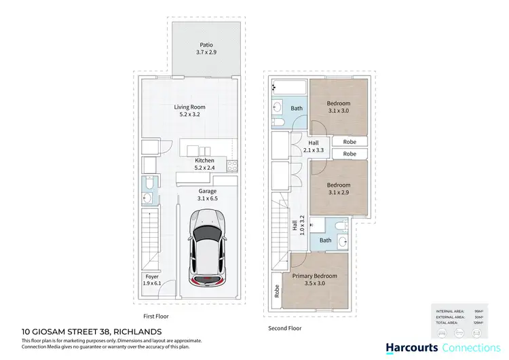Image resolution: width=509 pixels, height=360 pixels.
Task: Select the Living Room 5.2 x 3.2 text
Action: click(189, 111)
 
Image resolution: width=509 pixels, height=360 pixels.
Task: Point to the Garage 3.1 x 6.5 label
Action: click(208, 195)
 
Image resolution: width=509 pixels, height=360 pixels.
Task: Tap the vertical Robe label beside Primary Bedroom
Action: click(276, 291)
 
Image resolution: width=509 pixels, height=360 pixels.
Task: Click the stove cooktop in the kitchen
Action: click(233, 165)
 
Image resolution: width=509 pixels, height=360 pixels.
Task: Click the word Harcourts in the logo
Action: click(407, 348)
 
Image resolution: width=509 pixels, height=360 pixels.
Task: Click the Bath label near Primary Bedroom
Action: click(326, 240)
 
